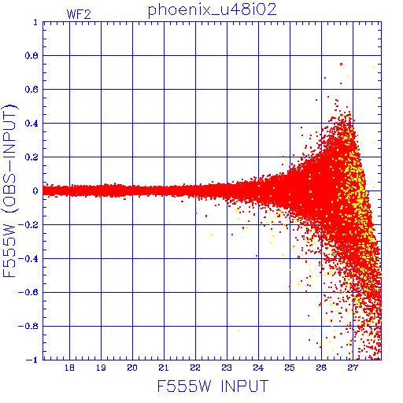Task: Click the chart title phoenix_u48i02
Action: tap(213, 10)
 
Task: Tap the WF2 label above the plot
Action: tap(79, 14)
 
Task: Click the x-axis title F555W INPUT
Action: tap(213, 386)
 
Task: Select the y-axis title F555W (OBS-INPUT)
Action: tap(9, 190)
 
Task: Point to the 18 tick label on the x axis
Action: tap(69, 368)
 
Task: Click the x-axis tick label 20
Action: tap(132, 368)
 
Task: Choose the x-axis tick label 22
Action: tap(195, 368)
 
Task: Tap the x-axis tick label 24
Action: tap(258, 368)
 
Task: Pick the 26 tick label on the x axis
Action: tap(321, 368)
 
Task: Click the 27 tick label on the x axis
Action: tap(353, 368)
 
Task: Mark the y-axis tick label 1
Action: tap(35, 22)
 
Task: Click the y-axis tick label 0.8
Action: tap(31, 56)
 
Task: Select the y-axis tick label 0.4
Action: tap(31, 124)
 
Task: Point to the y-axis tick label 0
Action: tap(35, 190)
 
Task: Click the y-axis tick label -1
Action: tap(32, 360)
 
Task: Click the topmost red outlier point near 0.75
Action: tap(341, 64)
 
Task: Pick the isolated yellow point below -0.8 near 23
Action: tap(238, 331)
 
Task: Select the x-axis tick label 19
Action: tap(101, 368)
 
